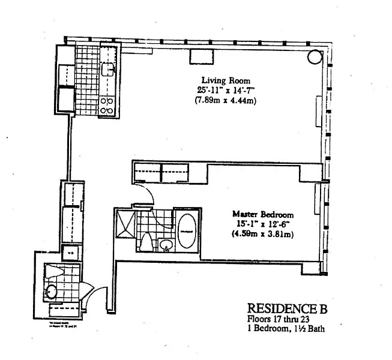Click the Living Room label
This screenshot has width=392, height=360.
click(225, 80)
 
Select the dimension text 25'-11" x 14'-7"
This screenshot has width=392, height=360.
click(226, 90)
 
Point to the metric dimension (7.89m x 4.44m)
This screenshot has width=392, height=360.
click(226, 100)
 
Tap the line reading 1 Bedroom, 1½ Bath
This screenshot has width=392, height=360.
click(286, 329)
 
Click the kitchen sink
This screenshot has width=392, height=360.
click(107, 70)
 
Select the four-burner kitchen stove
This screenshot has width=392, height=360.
click(107, 106)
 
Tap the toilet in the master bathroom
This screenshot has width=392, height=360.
click(146, 242)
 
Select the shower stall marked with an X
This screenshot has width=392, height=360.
click(126, 223)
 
